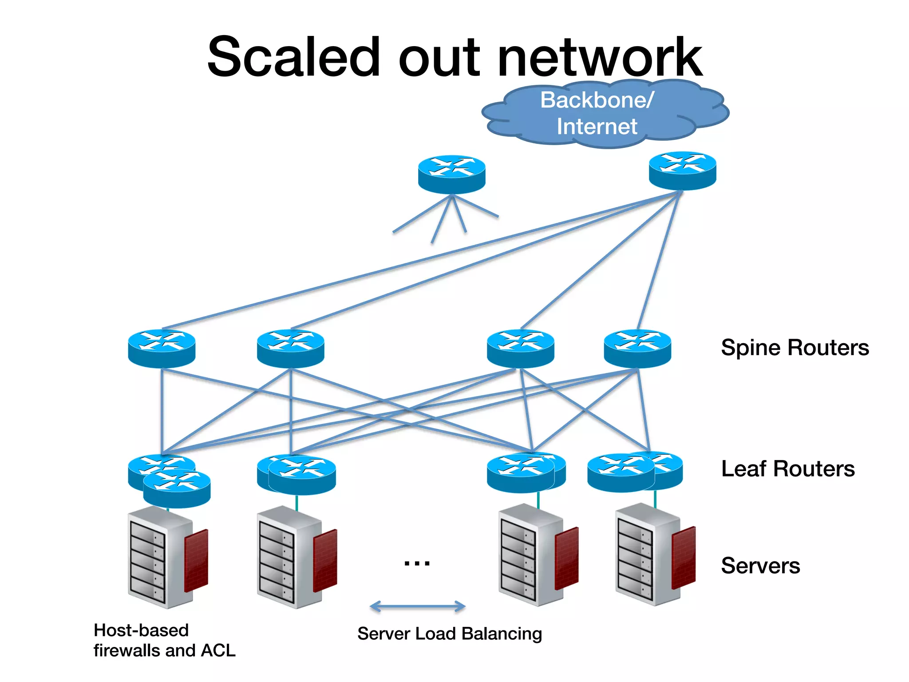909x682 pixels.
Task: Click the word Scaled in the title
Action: (x=293, y=58)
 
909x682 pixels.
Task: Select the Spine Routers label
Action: (x=794, y=348)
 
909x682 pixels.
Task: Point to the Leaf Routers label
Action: (x=787, y=469)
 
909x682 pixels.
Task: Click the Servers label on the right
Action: (x=760, y=566)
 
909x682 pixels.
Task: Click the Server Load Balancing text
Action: (x=449, y=634)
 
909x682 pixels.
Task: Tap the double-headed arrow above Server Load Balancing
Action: (x=417, y=606)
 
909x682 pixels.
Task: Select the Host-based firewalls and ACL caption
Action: (x=164, y=640)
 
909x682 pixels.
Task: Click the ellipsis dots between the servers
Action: (x=417, y=563)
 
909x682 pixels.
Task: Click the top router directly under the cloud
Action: (x=682, y=171)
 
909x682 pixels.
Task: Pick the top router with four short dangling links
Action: (x=451, y=174)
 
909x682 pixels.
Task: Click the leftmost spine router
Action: (x=162, y=349)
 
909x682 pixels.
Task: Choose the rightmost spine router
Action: (x=637, y=349)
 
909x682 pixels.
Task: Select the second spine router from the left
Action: (x=290, y=349)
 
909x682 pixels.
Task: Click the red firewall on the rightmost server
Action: (x=684, y=557)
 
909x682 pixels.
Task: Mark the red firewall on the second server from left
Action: (x=325, y=560)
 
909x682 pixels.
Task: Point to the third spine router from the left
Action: (x=520, y=349)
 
